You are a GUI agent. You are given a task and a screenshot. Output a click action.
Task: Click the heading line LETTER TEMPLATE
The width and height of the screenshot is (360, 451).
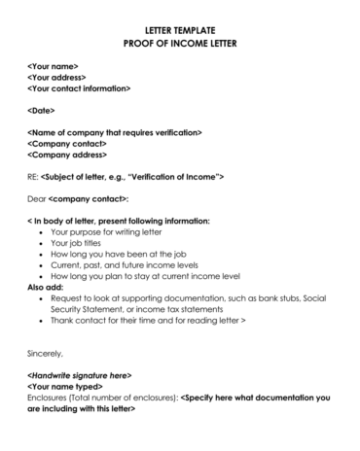point(180,31)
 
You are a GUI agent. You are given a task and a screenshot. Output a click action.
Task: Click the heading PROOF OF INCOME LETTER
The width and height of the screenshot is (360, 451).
point(180,45)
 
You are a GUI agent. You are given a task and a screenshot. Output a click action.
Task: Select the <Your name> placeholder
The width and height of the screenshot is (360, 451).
point(54,66)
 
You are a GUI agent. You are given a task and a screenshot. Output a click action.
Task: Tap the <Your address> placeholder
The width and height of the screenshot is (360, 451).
point(56,78)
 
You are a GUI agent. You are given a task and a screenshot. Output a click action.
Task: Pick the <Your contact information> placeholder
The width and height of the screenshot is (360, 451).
point(79,88)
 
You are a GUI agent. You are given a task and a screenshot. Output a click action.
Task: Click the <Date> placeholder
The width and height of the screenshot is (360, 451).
point(41,111)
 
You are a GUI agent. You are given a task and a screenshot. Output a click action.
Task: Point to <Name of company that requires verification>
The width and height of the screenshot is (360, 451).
point(115,132)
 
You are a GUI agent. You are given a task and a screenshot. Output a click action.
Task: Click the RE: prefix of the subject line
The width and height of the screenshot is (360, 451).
point(33,177)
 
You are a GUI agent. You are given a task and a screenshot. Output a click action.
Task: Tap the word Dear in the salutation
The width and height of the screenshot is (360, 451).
point(36,198)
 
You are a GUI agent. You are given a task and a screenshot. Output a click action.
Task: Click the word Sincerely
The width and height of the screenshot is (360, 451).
point(45,354)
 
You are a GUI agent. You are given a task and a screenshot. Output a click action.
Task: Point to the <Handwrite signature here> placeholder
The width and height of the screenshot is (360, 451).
point(79,375)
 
